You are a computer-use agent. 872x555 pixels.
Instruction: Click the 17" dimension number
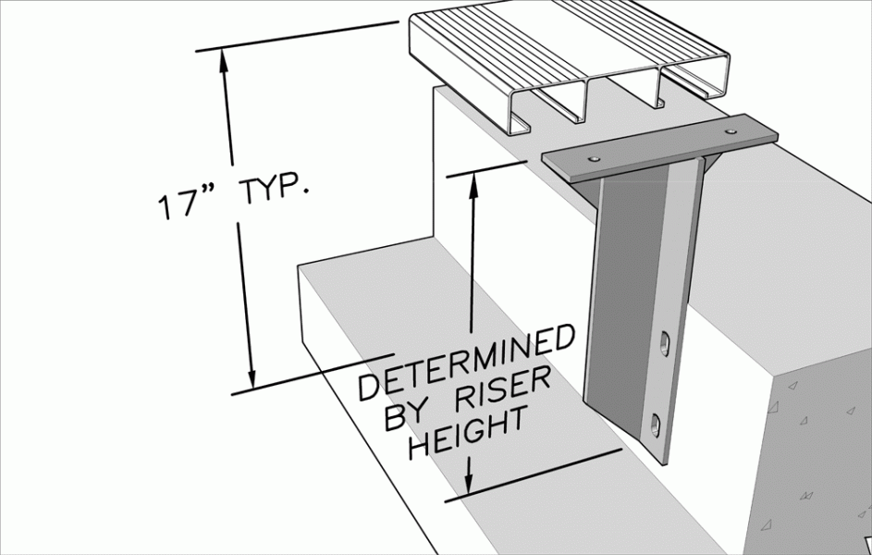click(178, 204)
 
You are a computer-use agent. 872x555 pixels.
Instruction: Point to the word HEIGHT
click(468, 432)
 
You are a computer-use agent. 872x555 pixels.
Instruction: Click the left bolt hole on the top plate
click(595, 159)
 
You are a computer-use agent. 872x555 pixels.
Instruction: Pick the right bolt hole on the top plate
click(731, 131)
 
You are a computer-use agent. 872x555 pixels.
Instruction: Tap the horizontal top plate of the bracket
click(660, 146)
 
